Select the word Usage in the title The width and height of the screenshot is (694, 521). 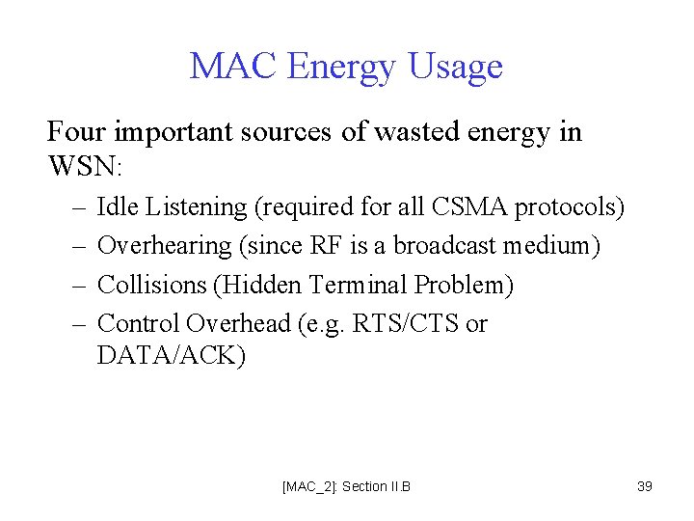tap(455, 68)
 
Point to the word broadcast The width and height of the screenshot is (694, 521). tap(441, 245)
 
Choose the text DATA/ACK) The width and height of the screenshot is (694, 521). tap(172, 356)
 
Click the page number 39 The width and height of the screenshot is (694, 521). tap(645, 486)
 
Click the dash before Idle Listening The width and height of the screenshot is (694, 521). tap(76, 207)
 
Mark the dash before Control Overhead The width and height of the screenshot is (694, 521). tap(76, 324)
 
